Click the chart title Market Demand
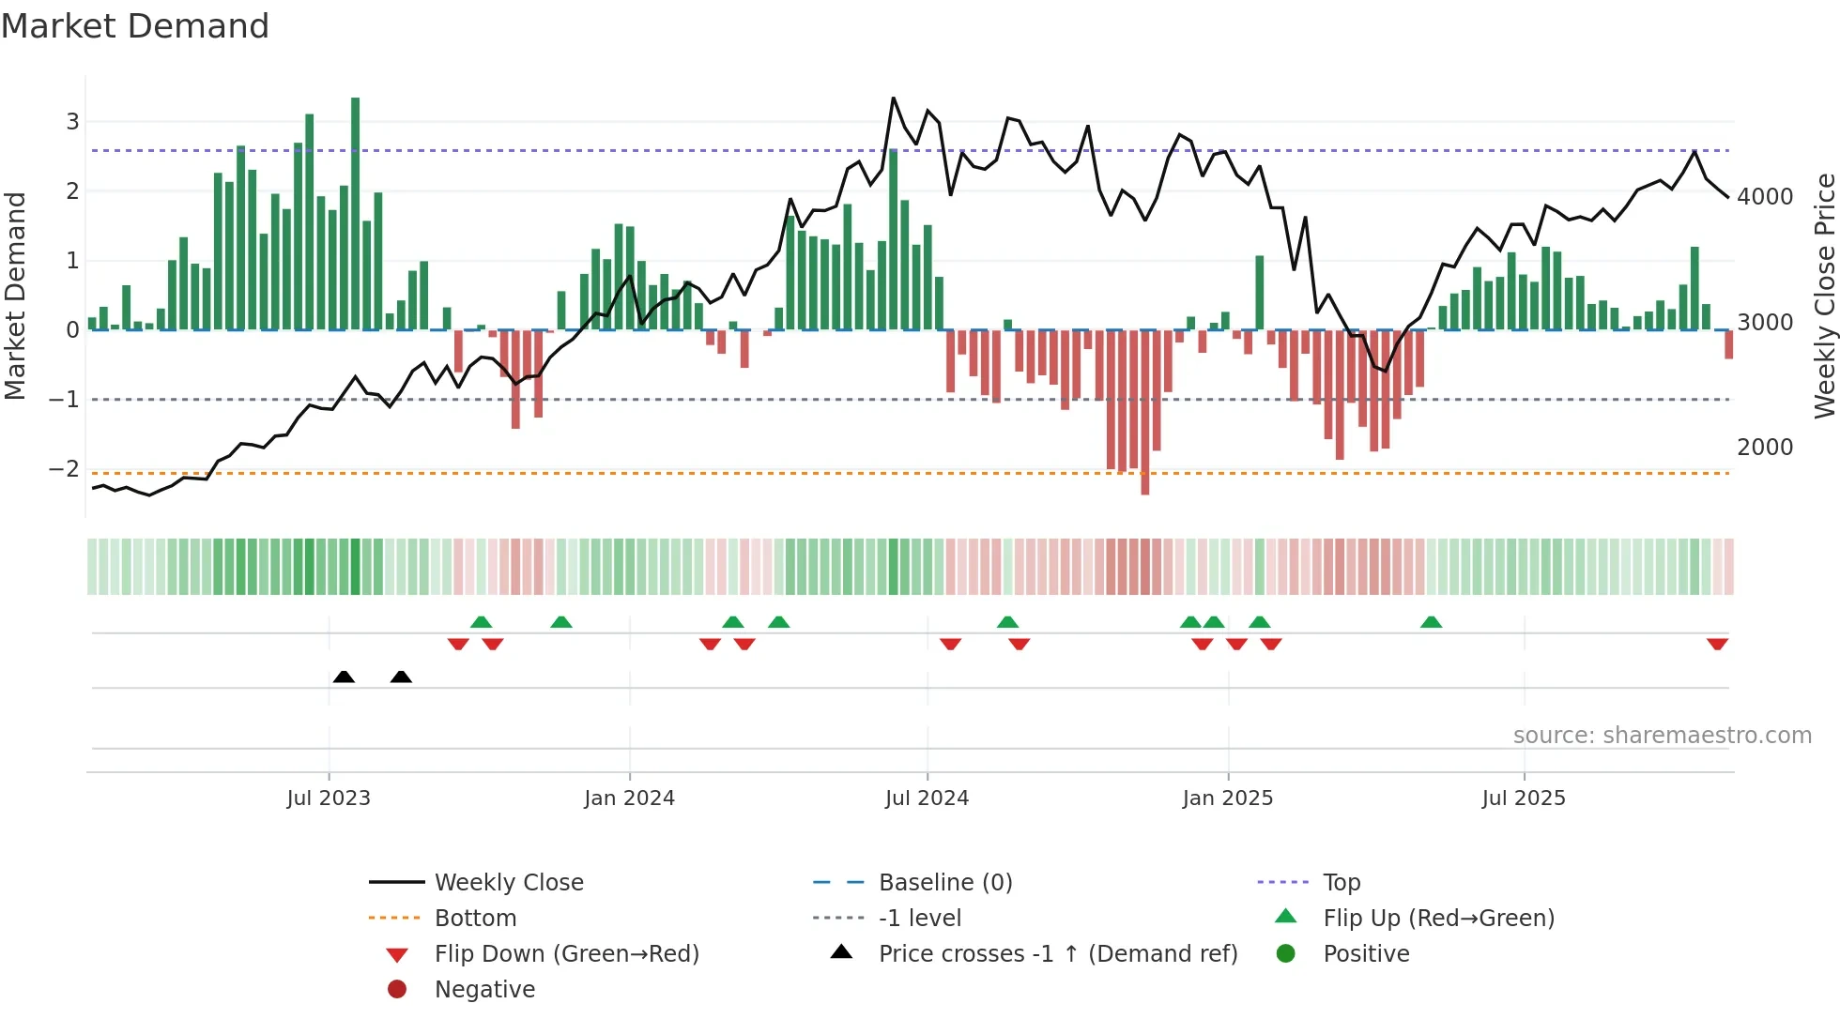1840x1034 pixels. click(135, 25)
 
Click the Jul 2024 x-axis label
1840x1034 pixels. click(927, 798)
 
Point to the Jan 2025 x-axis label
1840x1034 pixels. click(1227, 798)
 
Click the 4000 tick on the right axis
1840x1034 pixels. click(1765, 197)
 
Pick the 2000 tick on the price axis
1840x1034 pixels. click(1765, 448)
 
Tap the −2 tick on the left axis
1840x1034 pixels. click(65, 469)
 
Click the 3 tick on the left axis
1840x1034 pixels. click(72, 121)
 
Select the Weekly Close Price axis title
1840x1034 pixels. click(1824, 296)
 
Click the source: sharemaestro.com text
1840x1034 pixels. click(1662, 736)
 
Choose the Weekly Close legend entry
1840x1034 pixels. click(508, 883)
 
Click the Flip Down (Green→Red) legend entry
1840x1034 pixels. click(566, 954)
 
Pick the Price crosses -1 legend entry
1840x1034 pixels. click(1057, 954)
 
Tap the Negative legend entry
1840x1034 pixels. click(484, 990)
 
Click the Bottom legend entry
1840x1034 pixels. click(475, 919)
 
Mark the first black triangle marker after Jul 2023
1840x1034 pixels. click(344, 677)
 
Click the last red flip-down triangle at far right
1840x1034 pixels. click(1717, 644)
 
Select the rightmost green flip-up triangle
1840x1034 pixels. click(1431, 622)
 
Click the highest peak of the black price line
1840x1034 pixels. click(893, 99)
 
